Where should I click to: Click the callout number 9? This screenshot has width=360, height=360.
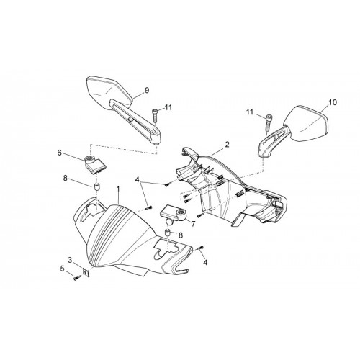coord(147,91)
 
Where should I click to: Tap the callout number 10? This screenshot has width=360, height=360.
coord(333,102)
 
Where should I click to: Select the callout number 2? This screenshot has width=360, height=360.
coord(227,145)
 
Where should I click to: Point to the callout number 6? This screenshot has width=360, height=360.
coord(59,153)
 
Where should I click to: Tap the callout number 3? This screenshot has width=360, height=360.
coord(70,260)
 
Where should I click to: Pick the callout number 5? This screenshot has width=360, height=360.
coord(63,269)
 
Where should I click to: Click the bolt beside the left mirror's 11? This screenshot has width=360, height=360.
coord(154,116)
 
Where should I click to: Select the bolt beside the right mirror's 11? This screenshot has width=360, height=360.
coord(269,122)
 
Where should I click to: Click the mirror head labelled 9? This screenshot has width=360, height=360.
coord(109,92)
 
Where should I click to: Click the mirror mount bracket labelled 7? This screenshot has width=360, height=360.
coord(175,214)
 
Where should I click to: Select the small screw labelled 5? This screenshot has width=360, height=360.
coord(77,278)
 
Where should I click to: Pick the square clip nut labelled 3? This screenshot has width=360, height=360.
coord(86,273)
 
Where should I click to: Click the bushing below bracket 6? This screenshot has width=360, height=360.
coord(96,187)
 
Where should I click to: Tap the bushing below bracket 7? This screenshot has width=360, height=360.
coord(167,233)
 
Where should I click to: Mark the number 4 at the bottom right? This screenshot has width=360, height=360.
coord(205,263)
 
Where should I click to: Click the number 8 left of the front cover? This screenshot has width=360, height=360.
coord(65,178)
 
